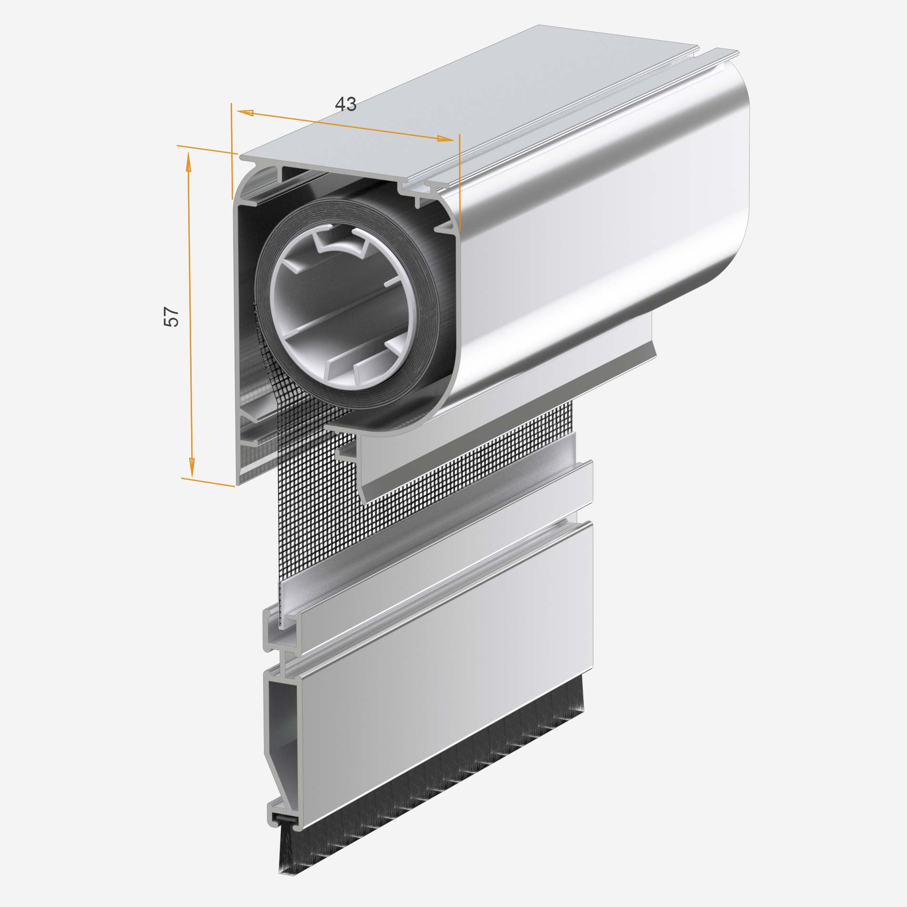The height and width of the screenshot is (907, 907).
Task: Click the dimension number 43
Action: click(x=346, y=104)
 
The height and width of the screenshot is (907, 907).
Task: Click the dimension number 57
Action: click(x=171, y=316)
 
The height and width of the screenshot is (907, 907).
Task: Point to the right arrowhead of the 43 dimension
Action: click(x=446, y=139)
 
